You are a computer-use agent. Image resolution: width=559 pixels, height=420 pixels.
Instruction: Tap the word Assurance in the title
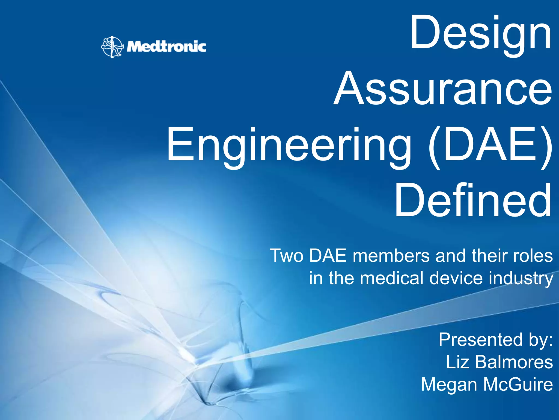point(443,89)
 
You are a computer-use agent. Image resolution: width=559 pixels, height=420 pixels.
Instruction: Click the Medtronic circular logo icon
point(112,47)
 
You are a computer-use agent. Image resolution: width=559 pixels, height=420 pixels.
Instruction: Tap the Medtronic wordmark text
point(166,47)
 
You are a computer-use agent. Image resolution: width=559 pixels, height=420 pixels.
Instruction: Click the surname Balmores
point(514,362)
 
